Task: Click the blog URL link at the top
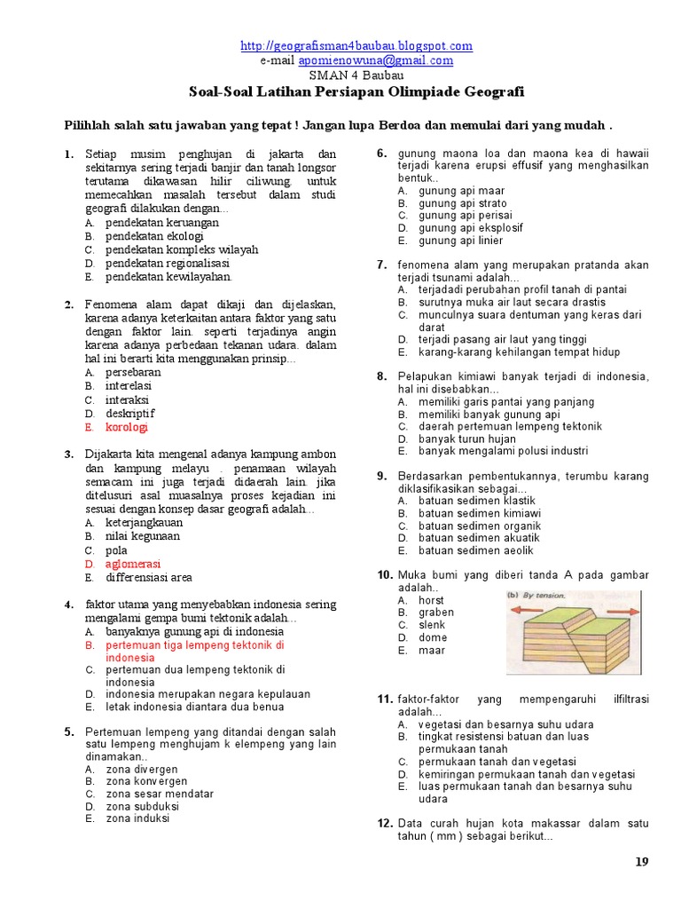coord(356,46)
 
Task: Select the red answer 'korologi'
coord(127,427)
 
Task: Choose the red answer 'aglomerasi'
coord(133,564)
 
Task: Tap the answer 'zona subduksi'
coord(142,806)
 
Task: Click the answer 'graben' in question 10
coord(436,613)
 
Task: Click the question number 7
coord(382,265)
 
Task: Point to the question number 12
coord(385,824)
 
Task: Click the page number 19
coord(644,862)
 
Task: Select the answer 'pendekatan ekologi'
coord(154,236)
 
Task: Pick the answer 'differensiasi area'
coord(149,577)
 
